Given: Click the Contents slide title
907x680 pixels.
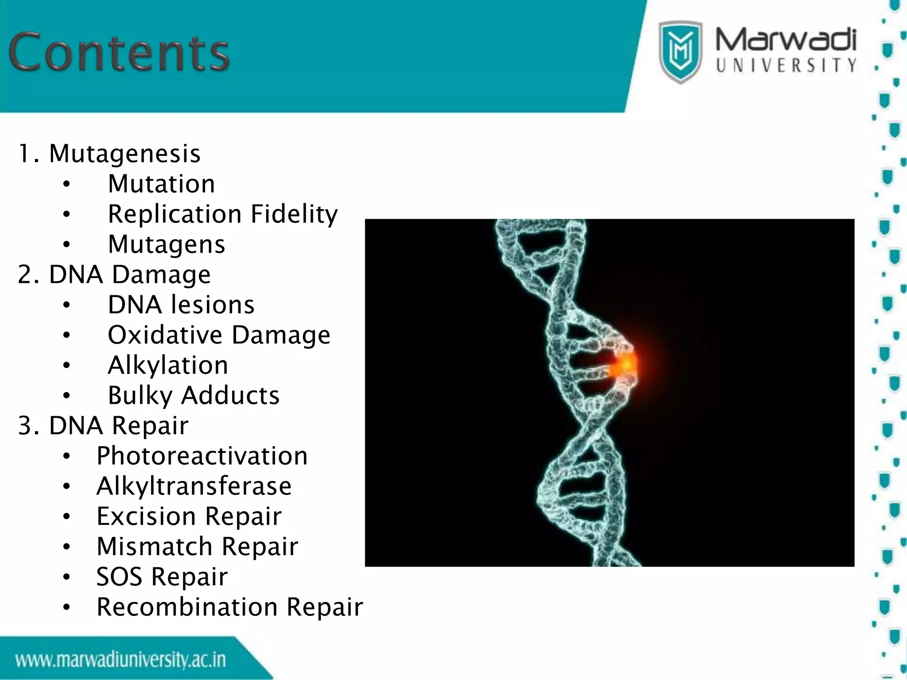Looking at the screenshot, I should tap(119, 52).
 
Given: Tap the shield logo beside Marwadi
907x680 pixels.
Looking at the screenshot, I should tap(680, 51).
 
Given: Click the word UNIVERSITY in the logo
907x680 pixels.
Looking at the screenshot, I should tap(786, 66).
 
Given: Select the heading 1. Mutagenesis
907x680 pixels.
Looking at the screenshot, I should tap(109, 154).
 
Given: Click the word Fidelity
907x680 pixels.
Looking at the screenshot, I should tap(294, 214).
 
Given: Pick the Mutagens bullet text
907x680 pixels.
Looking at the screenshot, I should tap(167, 244).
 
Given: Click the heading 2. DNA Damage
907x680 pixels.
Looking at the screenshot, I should tap(114, 274).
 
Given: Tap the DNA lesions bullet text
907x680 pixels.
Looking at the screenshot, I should tap(181, 305).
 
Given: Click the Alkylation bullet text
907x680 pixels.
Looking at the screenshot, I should tap(168, 365).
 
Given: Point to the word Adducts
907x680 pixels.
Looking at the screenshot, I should tap(230, 395).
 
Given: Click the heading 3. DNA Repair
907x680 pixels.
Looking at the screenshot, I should tap(103, 425).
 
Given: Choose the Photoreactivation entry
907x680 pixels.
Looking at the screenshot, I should tap(202, 456).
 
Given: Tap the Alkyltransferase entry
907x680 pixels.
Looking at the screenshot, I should tap(194, 486).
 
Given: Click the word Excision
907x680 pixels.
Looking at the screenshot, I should tap(147, 516).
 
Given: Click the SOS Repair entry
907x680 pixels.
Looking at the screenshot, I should tap(162, 577).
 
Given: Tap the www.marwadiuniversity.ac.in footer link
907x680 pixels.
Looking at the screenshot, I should tap(120, 660).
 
